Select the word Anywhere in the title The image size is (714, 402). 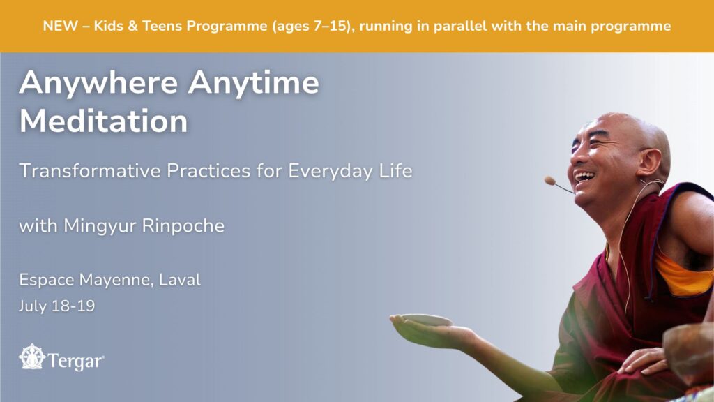pyautogui.click(x=98, y=84)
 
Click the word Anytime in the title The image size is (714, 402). pyautogui.click(x=253, y=84)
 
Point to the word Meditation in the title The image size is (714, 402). pyautogui.click(x=103, y=121)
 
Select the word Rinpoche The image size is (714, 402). pyautogui.click(x=183, y=226)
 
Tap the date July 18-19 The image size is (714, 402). pyautogui.click(x=57, y=306)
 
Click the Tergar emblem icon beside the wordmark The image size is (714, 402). pyautogui.click(x=32, y=357)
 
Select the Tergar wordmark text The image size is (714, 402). pyautogui.click(x=76, y=361)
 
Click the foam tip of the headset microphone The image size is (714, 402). pyautogui.click(x=549, y=181)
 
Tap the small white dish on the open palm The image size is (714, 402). pyautogui.click(x=426, y=320)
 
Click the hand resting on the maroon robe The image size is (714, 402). pyautogui.click(x=643, y=361)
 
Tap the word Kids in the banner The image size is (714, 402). pyautogui.click(x=108, y=26)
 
